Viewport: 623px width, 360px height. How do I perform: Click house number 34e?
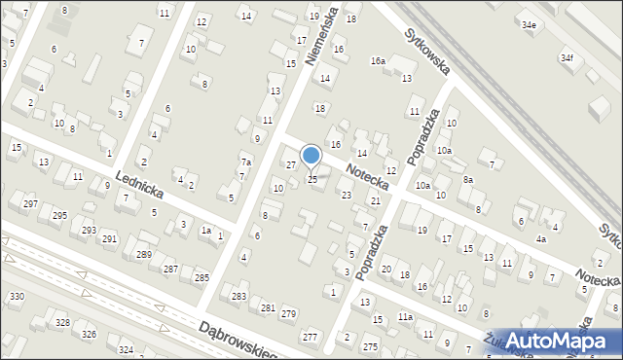coord(529,24)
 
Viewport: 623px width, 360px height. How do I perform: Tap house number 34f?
coord(567,58)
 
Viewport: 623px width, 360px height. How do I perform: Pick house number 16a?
coord(378,60)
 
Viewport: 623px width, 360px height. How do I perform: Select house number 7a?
coord(246,162)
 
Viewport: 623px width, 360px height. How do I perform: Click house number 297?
coord(30,203)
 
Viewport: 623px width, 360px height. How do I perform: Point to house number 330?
coord(16,296)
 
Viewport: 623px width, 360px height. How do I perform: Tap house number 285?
coord(202,278)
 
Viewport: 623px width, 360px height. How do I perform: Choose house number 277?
coord(310,337)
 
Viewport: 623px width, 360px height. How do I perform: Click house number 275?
coord(370,346)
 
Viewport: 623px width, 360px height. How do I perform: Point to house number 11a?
coord(405,317)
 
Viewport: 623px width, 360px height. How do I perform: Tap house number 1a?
coord(205,231)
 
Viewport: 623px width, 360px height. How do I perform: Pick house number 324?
coord(126,348)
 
